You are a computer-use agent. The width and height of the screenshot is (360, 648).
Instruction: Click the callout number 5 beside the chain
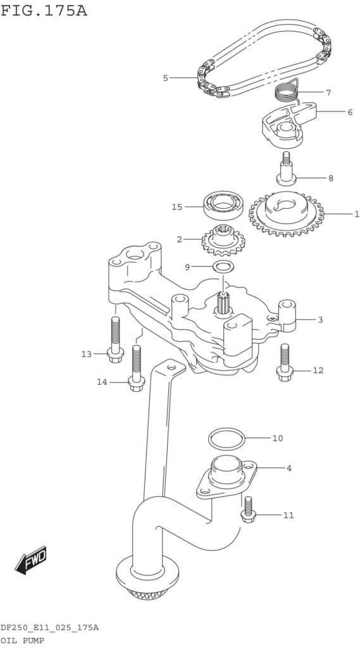[165, 78]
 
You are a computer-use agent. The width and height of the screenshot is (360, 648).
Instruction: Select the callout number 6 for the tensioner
[350, 112]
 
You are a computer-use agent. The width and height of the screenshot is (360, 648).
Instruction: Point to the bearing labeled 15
[223, 206]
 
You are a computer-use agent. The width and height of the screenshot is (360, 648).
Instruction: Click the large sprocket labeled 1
[287, 215]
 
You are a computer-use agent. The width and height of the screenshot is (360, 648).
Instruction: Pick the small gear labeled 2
[223, 240]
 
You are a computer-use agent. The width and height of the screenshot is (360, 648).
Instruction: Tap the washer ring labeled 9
[223, 266]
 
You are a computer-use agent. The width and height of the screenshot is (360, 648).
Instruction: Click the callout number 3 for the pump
[320, 320]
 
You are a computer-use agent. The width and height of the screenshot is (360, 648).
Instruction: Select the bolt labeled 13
[115, 340]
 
